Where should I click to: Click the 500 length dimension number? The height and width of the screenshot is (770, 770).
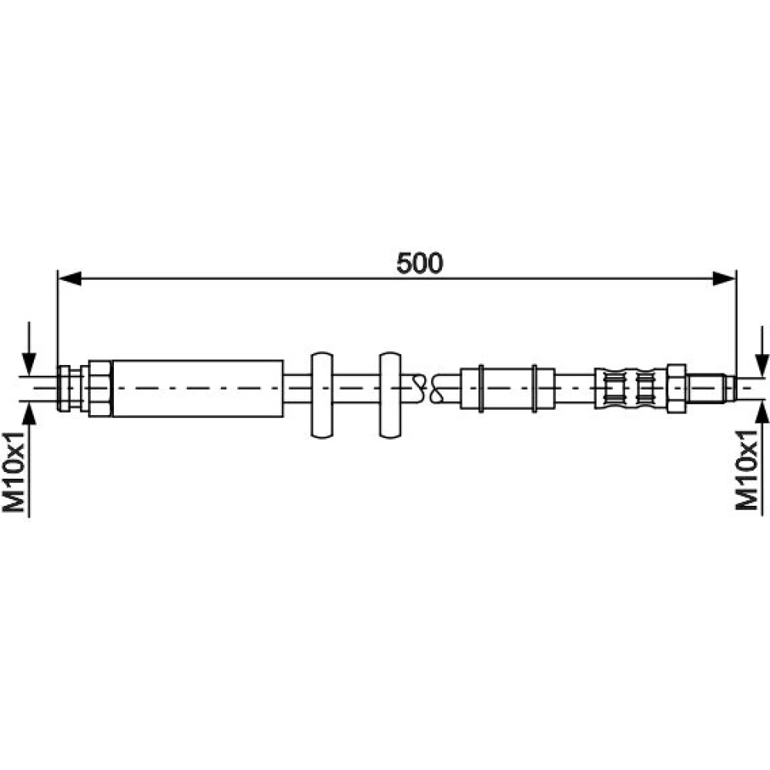[420, 263]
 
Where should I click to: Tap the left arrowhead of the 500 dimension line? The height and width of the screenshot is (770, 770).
[69, 279]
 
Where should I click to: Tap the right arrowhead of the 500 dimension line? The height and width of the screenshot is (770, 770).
[725, 279]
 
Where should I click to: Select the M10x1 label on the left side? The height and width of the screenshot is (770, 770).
[13, 472]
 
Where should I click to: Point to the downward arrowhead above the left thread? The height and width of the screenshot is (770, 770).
[29, 364]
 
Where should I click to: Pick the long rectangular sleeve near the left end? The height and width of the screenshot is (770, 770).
[198, 388]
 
